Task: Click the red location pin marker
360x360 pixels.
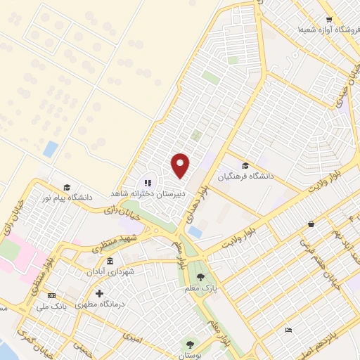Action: click(x=181, y=165)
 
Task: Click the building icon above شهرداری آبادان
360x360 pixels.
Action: click(x=109, y=261)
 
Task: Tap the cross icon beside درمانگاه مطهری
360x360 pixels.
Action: click(x=100, y=292)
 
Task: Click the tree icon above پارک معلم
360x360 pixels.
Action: click(x=202, y=277)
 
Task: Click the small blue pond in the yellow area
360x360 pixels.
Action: click(x=51, y=148)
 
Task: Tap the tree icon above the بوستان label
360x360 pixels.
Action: click(x=189, y=344)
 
